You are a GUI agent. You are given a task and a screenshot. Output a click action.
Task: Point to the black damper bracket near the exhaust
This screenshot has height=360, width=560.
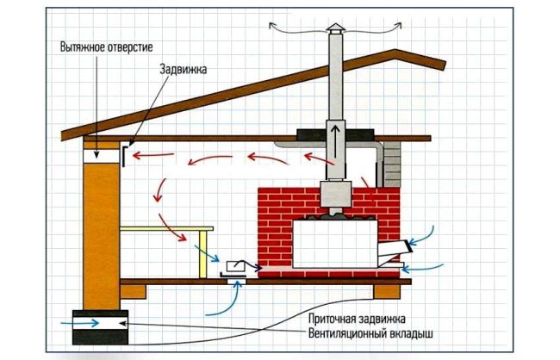(x=128, y=154)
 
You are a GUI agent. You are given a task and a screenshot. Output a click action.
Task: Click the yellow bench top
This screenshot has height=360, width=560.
(x=167, y=228)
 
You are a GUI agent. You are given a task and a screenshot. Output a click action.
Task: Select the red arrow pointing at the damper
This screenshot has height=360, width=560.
(x=153, y=158)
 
